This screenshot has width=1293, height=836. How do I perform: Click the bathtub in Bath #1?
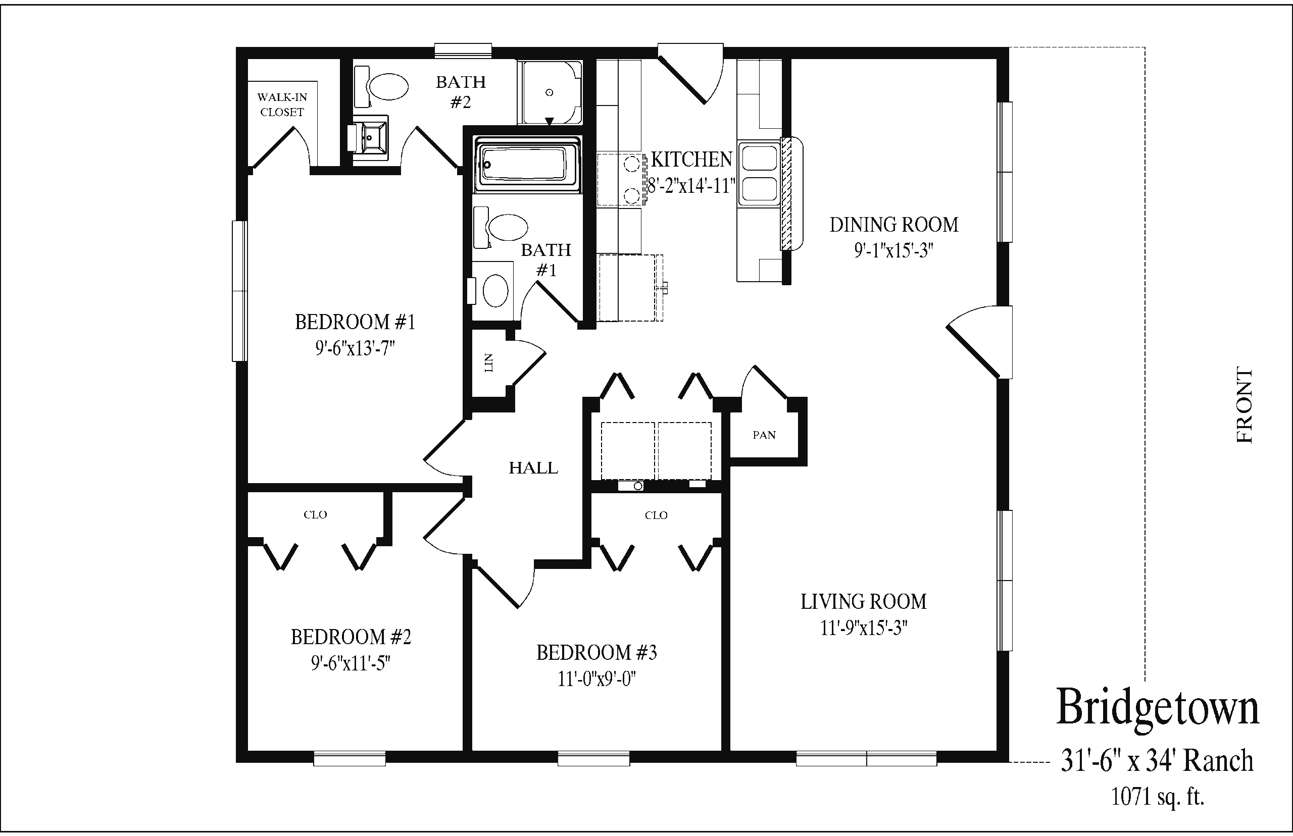tap(527, 165)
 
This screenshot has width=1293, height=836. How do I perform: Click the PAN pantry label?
tap(764, 435)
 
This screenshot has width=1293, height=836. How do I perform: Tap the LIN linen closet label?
tap(489, 362)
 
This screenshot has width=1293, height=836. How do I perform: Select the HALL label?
tap(533, 468)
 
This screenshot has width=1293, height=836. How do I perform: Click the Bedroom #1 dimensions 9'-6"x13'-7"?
tap(355, 348)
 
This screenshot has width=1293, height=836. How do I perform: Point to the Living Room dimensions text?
tap(864, 628)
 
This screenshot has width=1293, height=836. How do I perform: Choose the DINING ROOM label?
tap(894, 225)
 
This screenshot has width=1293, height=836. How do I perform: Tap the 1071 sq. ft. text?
tap(1157, 797)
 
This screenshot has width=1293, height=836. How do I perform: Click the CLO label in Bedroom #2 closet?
tap(316, 514)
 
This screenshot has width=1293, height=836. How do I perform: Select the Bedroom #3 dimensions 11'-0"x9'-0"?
tap(597, 679)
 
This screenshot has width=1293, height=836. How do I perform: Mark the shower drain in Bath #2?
tap(550, 93)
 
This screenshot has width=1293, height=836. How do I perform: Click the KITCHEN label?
tap(692, 160)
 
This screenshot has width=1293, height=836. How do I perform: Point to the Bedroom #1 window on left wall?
tap(240, 291)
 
